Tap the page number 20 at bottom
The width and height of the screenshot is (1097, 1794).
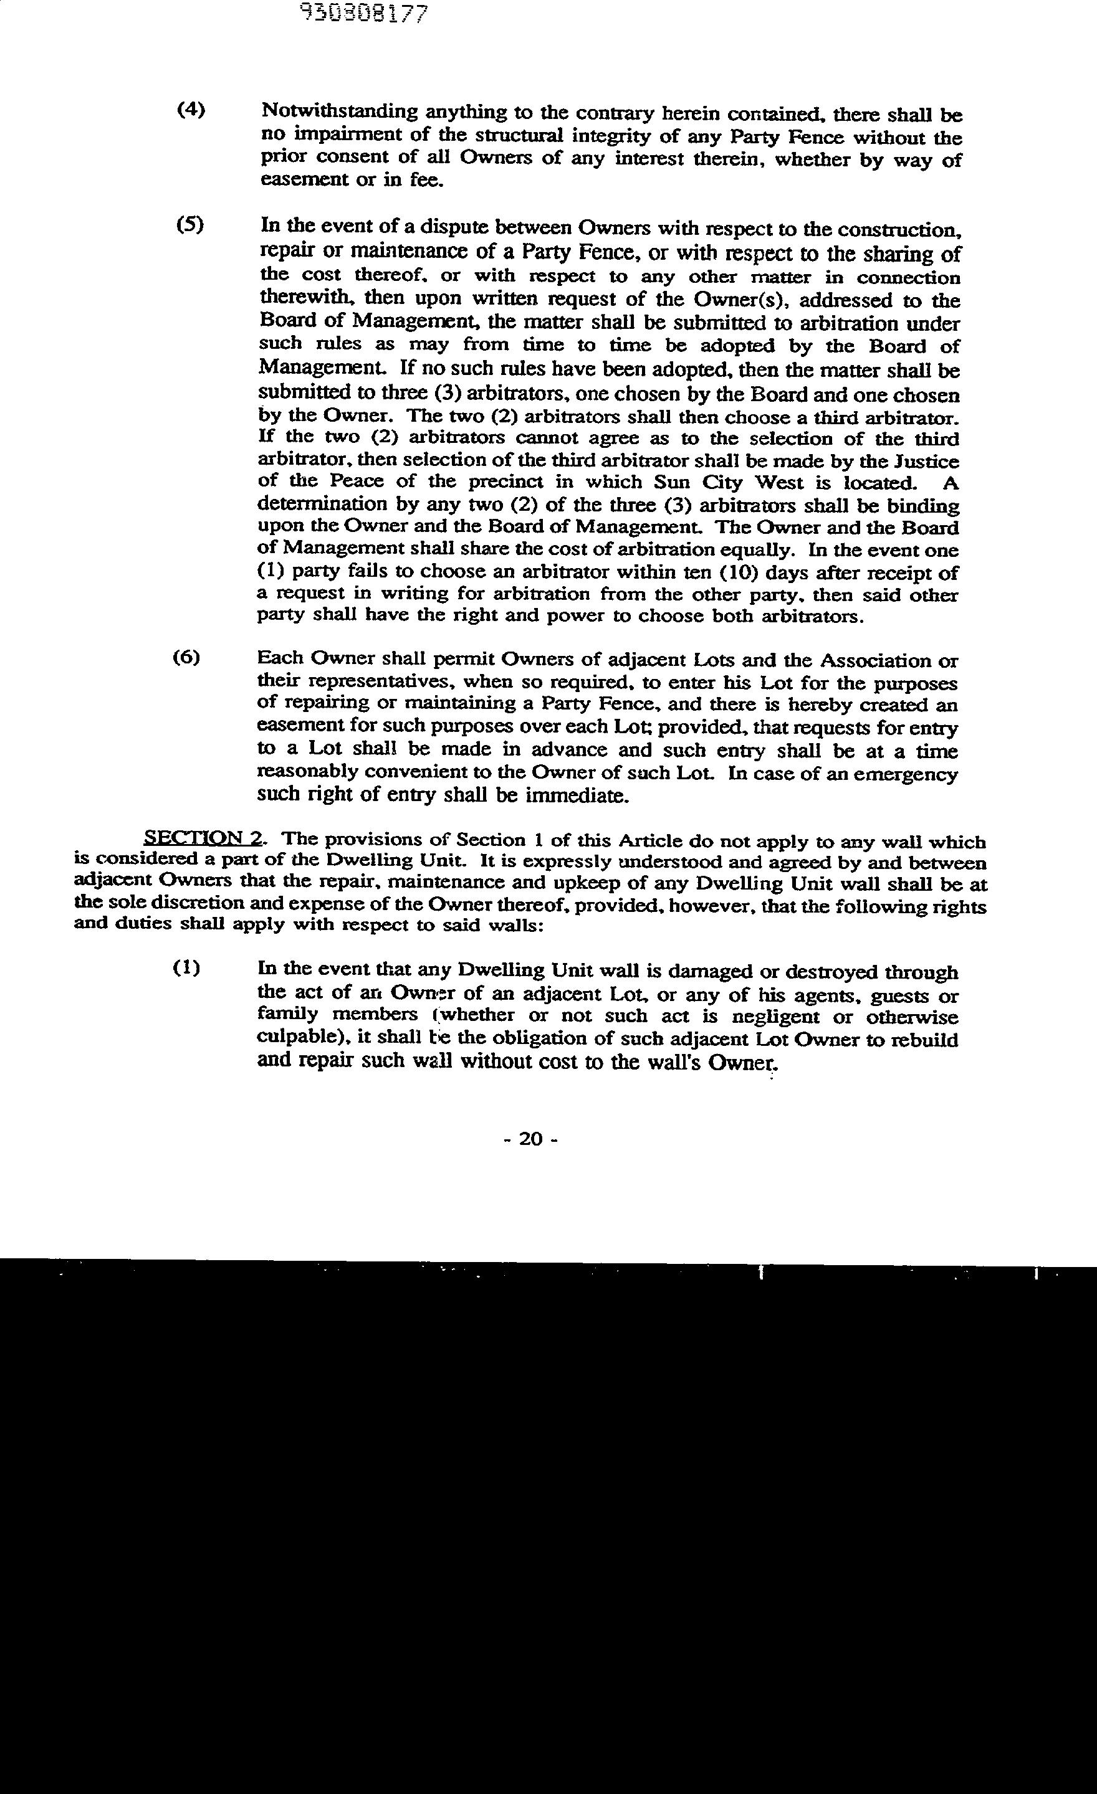click(531, 1139)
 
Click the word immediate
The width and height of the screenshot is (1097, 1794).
click(576, 795)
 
